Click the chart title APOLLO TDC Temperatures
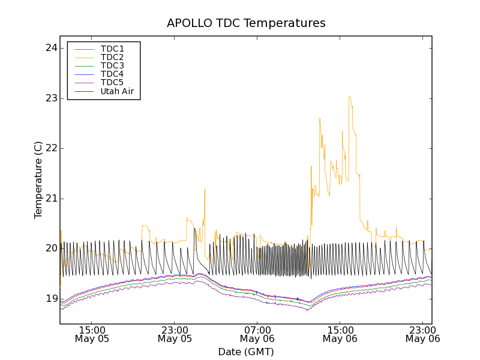coord(246,23)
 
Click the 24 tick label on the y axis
coord(51,48)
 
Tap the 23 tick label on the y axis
coord(51,98)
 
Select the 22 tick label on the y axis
coord(51,148)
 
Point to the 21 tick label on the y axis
coord(51,199)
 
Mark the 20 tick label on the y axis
coord(51,248)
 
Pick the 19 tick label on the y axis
coord(51,299)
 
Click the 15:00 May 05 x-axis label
coord(92,334)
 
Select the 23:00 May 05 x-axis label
coord(175,334)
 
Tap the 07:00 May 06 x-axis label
coord(257,334)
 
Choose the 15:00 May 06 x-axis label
coord(340,334)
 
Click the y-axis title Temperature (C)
coord(38,180)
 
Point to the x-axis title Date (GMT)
coord(246,352)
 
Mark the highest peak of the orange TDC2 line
coord(349,96)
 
